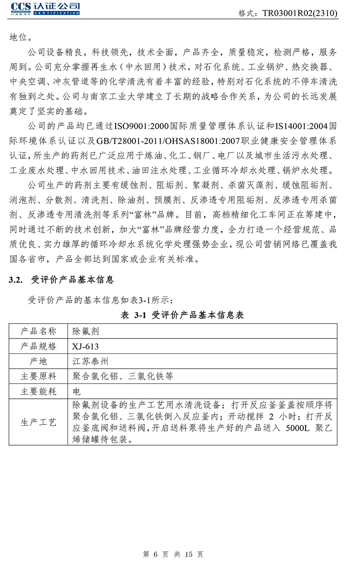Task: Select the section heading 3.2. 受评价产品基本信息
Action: [62, 280]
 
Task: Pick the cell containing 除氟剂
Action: [85, 331]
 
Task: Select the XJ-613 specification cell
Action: [85, 346]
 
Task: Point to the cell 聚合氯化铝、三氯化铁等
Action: [122, 376]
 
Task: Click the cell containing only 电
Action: [76, 391]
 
